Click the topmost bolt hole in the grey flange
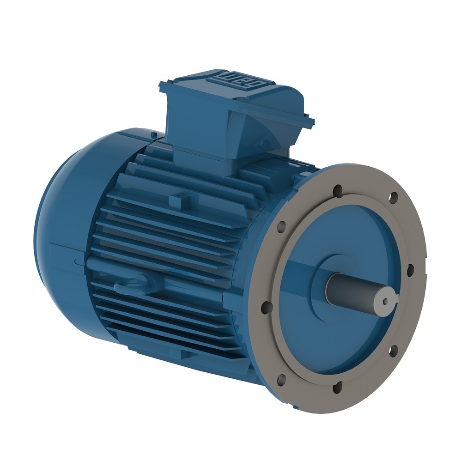pyautogui.click(x=338, y=189)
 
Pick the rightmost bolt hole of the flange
pyautogui.click(x=409, y=270)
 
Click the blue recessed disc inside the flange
pyautogui.click(x=351, y=342)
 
